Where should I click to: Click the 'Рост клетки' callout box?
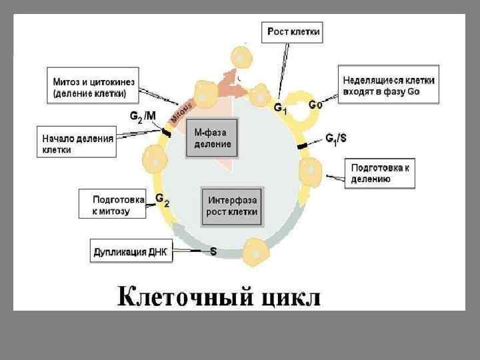click(293, 32)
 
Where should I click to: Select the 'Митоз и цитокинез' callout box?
click(93, 87)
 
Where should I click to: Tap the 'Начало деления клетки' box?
click(73, 144)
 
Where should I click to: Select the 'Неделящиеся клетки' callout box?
click(388, 85)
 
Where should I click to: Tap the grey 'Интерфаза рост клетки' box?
click(233, 206)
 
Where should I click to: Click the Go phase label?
click(315, 105)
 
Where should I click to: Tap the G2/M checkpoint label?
click(143, 115)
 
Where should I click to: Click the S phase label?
click(213, 252)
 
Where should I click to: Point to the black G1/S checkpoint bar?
click(302, 144)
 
